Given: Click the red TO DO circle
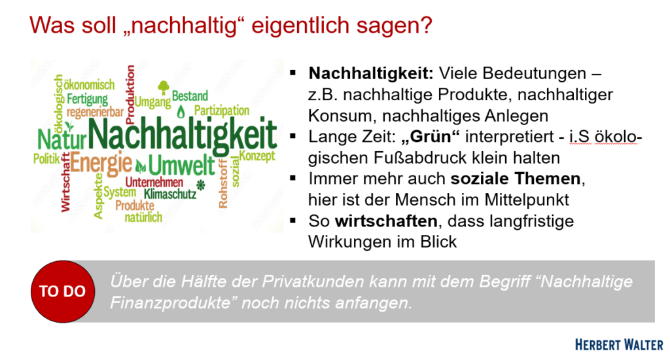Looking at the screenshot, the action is tap(63, 291).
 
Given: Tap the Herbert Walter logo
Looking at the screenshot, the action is tap(619, 344).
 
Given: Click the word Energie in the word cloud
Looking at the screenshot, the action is tap(101, 164).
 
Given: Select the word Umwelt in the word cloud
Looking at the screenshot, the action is tap(182, 166).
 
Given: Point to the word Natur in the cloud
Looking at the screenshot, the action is tap(62, 139).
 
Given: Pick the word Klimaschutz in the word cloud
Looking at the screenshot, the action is tap(170, 194).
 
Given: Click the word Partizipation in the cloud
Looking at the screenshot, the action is tap(222, 111).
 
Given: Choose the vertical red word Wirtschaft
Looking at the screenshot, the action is tap(65, 183).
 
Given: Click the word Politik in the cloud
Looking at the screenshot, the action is tap(46, 159).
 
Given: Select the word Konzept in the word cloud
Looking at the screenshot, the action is tap(256, 156).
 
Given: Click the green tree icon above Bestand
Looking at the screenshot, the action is tap(163, 87).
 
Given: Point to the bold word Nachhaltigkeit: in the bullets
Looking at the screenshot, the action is tap(371, 73).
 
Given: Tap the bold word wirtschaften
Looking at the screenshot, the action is tap(386, 221).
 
